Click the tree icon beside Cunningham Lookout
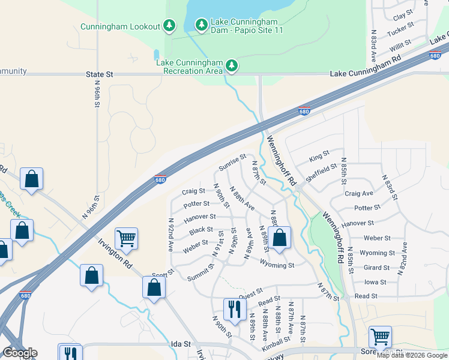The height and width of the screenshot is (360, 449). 170,25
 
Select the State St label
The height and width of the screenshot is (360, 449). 100,74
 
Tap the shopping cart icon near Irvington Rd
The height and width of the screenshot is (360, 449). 127,239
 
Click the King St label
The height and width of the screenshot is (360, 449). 319,158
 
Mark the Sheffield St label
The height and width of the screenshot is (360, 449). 321,172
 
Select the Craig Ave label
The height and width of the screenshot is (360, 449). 359,194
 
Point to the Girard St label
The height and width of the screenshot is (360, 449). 376,268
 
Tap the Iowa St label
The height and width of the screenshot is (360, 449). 375,282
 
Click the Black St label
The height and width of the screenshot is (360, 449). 201,230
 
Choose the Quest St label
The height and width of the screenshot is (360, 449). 252,293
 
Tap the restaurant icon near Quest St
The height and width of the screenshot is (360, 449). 234,309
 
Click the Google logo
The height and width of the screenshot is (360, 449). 20,353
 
